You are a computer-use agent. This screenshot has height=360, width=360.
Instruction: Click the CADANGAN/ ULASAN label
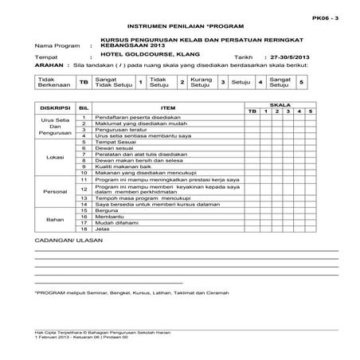tap(67, 239)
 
